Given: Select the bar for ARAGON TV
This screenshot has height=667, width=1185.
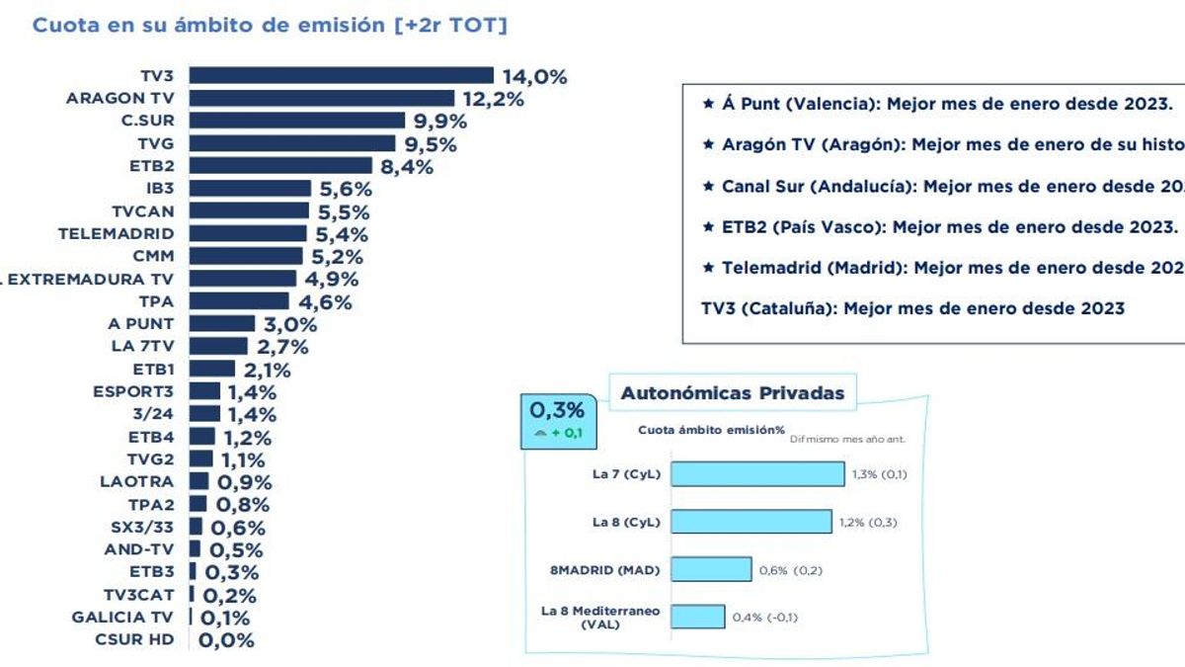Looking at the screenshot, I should tap(321, 98).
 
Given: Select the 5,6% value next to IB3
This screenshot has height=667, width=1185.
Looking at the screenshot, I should tap(345, 189).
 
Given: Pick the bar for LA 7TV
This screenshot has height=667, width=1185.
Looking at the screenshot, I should tap(217, 346).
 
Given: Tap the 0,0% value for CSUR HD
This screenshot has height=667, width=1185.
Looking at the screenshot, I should tap(226, 640).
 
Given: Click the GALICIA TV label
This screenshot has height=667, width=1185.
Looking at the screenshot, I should tap(122, 618).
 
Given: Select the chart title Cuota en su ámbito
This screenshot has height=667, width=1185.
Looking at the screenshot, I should tap(270, 26).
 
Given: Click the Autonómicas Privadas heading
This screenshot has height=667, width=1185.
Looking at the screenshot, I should tap(732, 393).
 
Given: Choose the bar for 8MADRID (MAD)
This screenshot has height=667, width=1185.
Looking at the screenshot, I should tap(711, 569).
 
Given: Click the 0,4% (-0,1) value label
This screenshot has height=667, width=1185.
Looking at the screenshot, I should tap(764, 618).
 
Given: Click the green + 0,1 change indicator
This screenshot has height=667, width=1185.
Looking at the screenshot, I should tap(558, 433).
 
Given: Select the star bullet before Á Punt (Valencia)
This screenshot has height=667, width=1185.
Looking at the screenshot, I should tap(706, 103).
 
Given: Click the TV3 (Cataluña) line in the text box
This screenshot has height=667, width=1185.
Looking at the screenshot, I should tap(911, 308).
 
